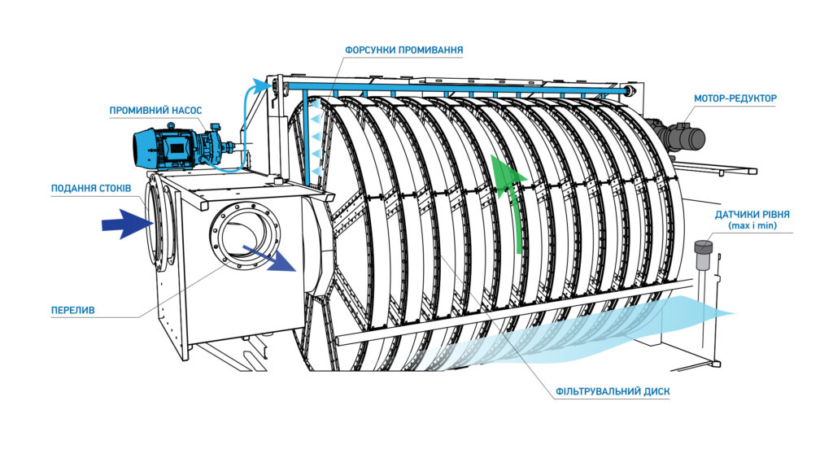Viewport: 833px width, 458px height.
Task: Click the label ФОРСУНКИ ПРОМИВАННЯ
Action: [403, 50]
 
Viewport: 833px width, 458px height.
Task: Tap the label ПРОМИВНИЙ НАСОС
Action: [155, 110]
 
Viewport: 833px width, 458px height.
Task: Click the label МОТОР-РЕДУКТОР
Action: [735, 98]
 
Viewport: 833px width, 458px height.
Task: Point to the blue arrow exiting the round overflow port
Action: [273, 259]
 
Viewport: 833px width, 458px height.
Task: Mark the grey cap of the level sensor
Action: [703, 245]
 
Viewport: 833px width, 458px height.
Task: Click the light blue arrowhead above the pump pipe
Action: [261, 84]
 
